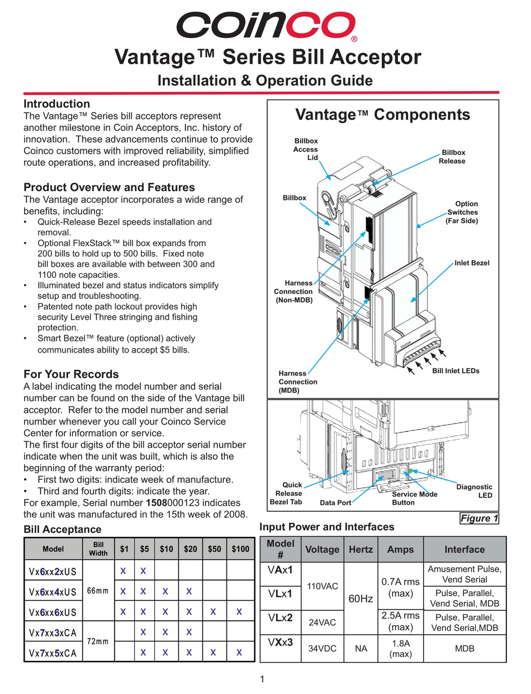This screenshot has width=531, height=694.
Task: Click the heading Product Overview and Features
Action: [109, 187]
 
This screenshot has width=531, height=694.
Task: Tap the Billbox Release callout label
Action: [453, 156]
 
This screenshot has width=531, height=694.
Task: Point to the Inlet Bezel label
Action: [472, 263]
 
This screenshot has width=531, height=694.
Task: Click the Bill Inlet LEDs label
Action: [456, 370]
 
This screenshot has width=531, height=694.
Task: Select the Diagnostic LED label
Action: [475, 491]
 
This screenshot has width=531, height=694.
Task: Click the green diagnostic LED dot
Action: [411, 471]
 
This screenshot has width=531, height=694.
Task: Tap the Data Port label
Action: [335, 503]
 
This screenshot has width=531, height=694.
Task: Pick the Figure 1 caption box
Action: [479, 519]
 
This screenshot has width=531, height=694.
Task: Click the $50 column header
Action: [214, 549]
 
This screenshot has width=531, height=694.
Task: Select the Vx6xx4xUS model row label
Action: [53, 591]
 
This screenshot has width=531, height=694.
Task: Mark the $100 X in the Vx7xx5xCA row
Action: [239, 652]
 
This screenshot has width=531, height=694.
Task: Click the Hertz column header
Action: [361, 549]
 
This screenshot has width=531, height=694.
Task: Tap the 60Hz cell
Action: [361, 598]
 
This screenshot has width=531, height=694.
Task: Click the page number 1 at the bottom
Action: [262, 679]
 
